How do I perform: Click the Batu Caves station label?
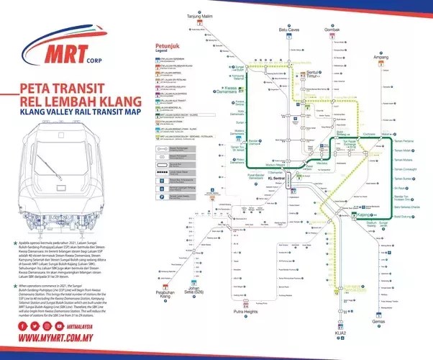click(x=289, y=30)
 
